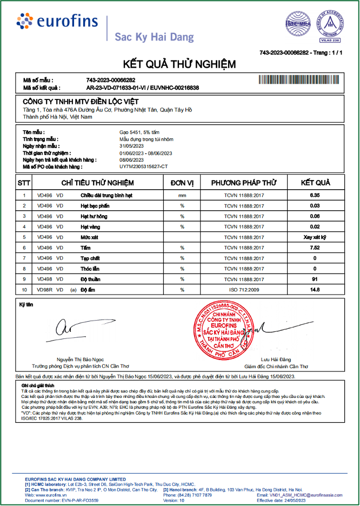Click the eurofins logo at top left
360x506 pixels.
57,22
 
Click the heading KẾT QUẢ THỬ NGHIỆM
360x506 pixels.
179,64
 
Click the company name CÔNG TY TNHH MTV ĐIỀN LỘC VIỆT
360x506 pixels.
81,102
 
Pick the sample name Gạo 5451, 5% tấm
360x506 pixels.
139,132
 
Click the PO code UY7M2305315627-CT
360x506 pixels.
144,167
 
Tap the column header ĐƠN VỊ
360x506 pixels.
182,183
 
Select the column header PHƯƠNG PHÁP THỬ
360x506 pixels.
243,183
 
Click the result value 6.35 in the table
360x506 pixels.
315,195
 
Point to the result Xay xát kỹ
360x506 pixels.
315,237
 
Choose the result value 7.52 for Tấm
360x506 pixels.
315,248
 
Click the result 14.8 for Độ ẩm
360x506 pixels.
315,290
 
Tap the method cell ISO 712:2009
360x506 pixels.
244,290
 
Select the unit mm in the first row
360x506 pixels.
182,195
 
